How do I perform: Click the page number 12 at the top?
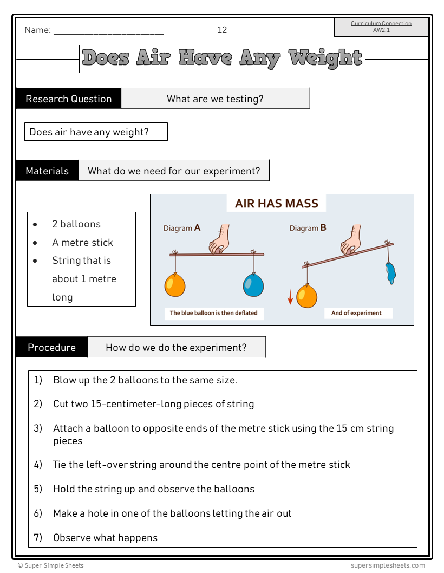point(222,30)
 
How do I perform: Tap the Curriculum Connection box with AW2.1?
point(381,27)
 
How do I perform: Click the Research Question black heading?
point(69,99)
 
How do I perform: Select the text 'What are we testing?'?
point(215,99)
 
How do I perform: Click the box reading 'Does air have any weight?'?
point(96,132)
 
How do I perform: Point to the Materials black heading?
point(47,171)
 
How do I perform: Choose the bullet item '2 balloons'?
point(76,224)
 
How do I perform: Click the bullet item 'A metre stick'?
point(82,243)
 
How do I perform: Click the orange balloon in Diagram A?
point(175,285)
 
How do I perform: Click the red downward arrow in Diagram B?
point(290,296)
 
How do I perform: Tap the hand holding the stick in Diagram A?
point(219,240)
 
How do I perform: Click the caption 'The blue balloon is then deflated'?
point(214,313)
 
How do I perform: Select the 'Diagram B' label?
point(308,229)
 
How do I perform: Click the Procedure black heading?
point(51,348)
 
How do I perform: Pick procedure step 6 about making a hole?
point(172,513)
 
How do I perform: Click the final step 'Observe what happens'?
point(105,538)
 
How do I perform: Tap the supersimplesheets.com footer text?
point(388,565)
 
